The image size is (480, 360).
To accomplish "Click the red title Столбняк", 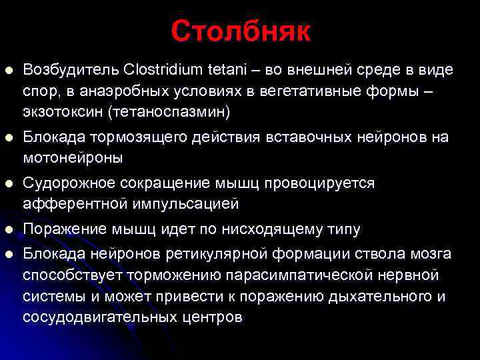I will pyautogui.click(x=240, y=31).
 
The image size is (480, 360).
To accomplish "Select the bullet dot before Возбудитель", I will pyautogui.click(x=9, y=70).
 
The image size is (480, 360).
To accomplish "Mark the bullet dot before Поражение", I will pyautogui.click(x=9, y=230).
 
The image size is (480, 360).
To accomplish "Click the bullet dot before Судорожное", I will pyautogui.click(x=9, y=183).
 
